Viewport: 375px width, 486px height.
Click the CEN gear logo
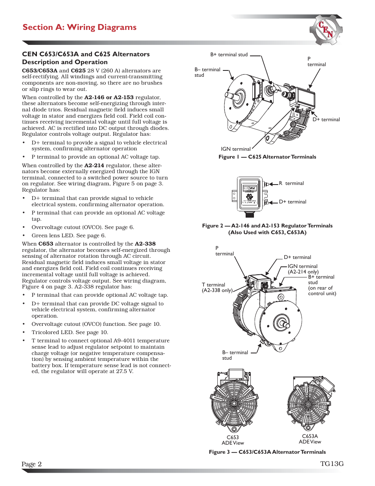(x=326, y=30)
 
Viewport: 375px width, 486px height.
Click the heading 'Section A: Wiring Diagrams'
(x=79, y=27)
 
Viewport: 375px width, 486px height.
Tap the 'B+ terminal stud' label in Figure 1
(x=229, y=55)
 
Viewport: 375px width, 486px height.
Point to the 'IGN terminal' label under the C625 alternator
(x=235, y=149)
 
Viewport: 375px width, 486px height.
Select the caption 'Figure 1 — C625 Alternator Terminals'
(x=267, y=157)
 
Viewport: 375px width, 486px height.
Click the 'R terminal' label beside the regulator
(x=291, y=183)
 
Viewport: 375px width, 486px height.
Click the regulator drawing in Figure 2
(x=250, y=195)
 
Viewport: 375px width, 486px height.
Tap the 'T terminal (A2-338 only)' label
(x=217, y=288)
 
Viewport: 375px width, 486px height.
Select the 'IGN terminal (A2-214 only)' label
(x=303, y=269)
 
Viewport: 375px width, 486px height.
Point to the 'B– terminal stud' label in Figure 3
(x=235, y=355)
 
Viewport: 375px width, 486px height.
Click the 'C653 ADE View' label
(x=233, y=440)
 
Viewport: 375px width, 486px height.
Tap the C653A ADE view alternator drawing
(x=310, y=403)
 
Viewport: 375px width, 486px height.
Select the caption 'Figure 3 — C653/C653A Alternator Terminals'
(x=267, y=452)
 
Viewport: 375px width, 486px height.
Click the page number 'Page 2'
(x=31, y=464)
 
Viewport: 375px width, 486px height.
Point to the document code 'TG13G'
(x=332, y=464)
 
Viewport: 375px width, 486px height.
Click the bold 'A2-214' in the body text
(x=94, y=166)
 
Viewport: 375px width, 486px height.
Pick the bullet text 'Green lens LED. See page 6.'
(x=68, y=236)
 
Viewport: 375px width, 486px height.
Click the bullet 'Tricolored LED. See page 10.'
(x=70, y=333)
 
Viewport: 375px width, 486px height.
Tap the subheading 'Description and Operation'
(x=65, y=62)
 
